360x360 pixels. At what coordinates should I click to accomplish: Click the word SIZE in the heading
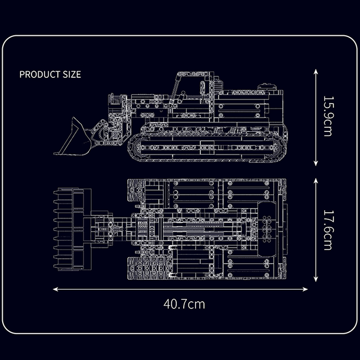72,74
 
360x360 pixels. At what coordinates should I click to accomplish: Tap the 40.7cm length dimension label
184,304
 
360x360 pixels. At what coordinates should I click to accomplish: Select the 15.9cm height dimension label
328,116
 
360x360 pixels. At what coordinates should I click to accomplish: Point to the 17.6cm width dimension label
328,230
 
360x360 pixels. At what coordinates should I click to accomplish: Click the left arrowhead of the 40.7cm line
55,289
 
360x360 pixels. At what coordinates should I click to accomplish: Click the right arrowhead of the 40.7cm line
305,289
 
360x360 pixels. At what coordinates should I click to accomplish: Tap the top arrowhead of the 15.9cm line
316,72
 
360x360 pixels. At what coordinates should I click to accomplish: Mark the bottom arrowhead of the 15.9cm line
316,163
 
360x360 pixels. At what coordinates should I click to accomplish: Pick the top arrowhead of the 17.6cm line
316,181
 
